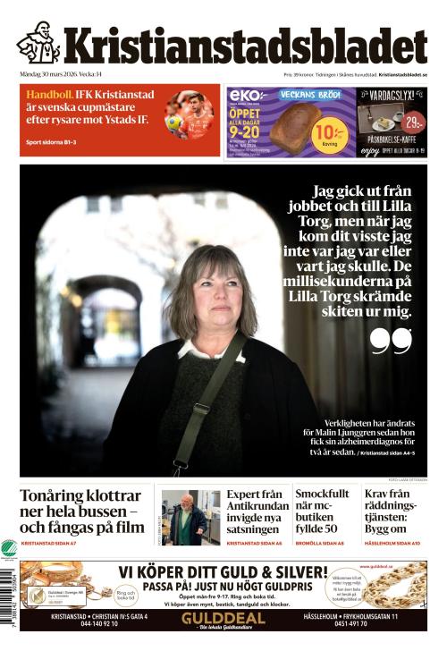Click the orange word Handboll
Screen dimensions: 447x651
49,95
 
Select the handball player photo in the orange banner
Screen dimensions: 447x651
190,115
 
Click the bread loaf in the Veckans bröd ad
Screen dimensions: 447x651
291,125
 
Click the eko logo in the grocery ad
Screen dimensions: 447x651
244,95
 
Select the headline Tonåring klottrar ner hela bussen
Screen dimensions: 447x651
80,511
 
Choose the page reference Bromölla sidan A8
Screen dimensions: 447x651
319,543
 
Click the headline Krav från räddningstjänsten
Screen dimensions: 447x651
392,510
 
